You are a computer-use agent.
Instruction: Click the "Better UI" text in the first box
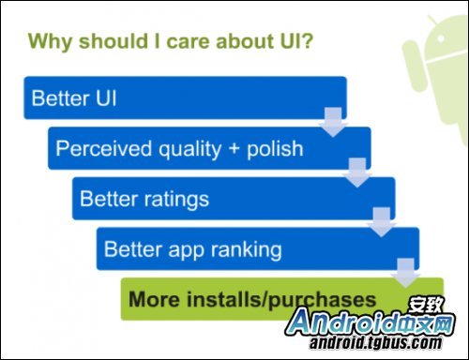(x=74, y=98)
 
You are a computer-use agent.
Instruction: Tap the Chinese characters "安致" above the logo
(x=427, y=303)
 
